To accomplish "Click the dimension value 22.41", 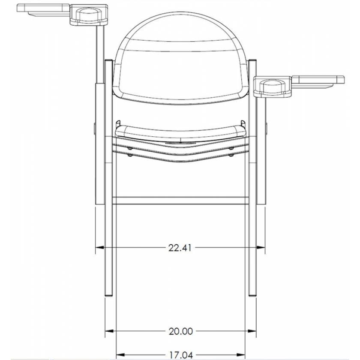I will pos(180,247).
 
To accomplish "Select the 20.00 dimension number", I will pos(180,331).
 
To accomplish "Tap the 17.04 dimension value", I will pos(180,354).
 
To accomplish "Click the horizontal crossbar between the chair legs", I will pos(180,200).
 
